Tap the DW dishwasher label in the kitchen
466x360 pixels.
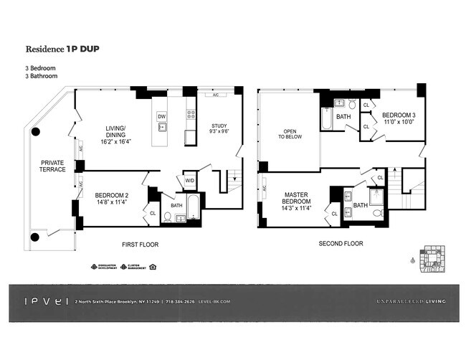point(162,116)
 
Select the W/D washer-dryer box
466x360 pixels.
point(190,181)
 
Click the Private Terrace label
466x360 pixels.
point(53,166)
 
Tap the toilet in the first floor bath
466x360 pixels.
point(168,216)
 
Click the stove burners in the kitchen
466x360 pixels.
point(191,114)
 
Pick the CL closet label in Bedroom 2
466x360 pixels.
point(153,213)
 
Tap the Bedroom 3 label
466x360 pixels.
point(398,116)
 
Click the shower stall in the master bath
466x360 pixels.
point(377,196)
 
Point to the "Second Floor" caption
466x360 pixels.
point(341,244)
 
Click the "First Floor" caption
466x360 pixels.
point(139,245)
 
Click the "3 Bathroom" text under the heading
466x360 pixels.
point(42,75)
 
